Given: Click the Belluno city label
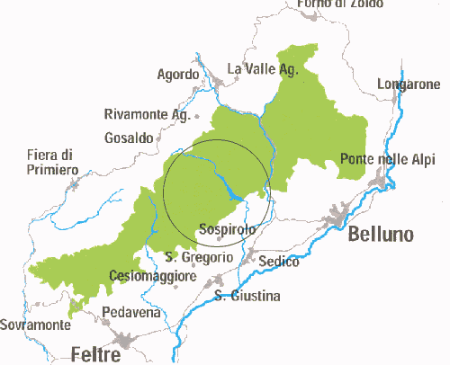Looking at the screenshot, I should click(381, 235).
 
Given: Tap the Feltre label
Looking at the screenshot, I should click(95, 355).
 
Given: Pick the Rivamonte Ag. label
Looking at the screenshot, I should click(146, 115).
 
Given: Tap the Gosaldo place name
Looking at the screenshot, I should click(129, 138).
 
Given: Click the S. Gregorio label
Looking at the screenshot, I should click(200, 257).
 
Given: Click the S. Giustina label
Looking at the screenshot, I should click(247, 296).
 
